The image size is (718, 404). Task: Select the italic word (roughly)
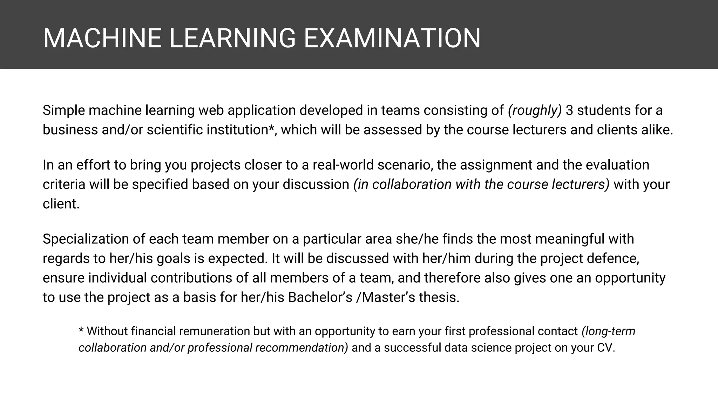(535, 110)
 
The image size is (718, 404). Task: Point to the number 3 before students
(569, 110)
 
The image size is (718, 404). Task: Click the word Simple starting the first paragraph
(64, 110)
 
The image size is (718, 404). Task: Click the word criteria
(64, 184)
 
